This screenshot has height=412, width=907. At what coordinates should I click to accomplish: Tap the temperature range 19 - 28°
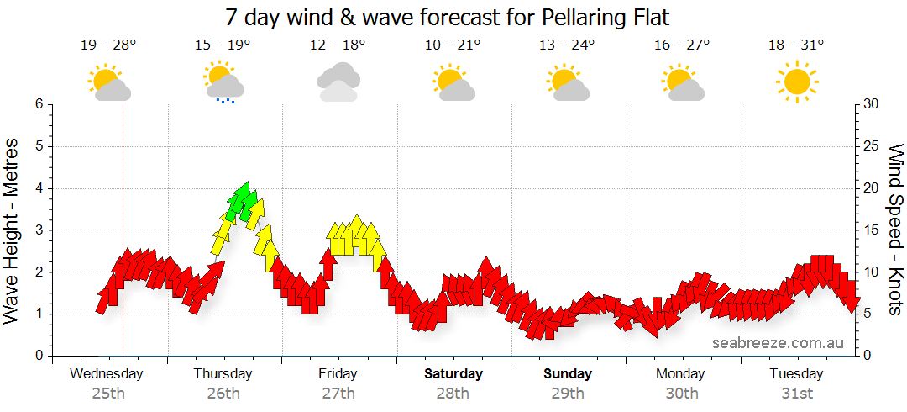point(107,45)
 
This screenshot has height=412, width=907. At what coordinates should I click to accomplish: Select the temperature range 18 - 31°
point(796,45)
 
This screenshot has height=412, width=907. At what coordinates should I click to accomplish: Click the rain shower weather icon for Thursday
point(223,82)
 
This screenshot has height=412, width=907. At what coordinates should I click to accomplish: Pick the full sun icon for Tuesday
point(796,82)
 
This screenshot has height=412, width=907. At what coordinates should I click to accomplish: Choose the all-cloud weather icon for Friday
point(338,82)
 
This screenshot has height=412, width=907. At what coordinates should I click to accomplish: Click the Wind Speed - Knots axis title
point(895,230)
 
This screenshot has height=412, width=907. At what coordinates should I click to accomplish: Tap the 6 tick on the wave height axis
point(38,104)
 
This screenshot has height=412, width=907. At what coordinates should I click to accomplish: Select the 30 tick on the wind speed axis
point(872,104)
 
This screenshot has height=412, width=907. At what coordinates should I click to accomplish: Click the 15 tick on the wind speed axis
point(872,230)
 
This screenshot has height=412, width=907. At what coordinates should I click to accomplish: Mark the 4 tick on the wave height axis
point(38,188)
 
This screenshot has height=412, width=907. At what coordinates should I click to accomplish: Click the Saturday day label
point(453,373)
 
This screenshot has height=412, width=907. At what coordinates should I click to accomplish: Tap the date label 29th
point(568,393)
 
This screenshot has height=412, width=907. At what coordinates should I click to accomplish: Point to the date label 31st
point(796,393)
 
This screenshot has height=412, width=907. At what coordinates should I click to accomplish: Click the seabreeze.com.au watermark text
point(778,342)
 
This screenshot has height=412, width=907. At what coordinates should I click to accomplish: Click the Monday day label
point(681,373)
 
